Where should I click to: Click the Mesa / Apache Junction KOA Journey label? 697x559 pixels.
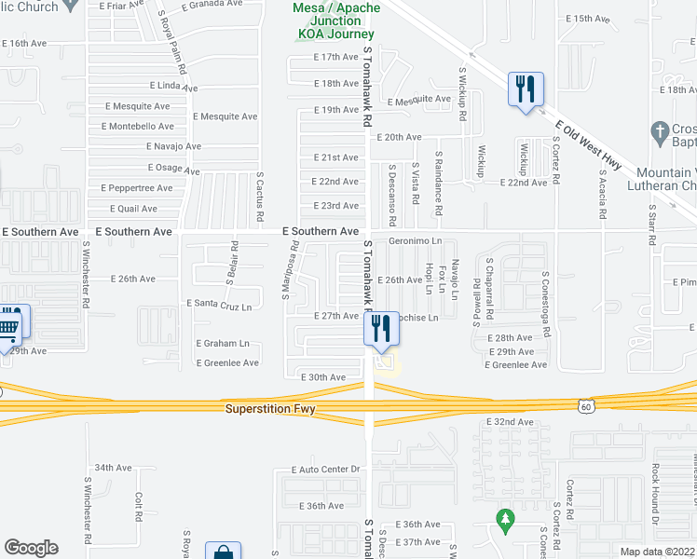[x=337, y=20]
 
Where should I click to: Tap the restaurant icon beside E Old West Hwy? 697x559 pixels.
[x=526, y=90]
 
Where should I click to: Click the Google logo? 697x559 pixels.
[x=31, y=548]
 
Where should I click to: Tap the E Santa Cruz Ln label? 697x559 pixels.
[x=220, y=304]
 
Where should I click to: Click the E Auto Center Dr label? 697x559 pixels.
[x=325, y=470]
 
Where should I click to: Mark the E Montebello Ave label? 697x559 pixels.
[x=139, y=126]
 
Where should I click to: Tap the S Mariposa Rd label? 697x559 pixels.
[x=291, y=271]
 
